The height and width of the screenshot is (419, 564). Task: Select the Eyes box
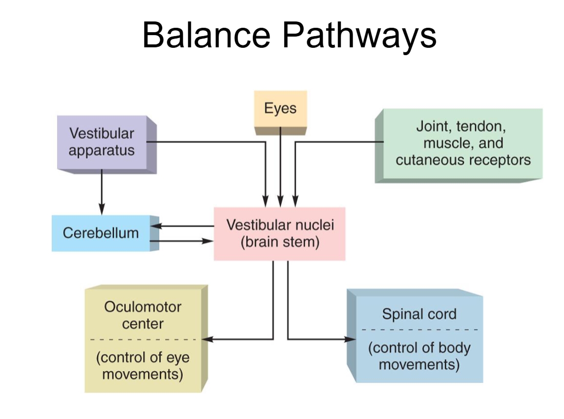pyautogui.click(x=280, y=108)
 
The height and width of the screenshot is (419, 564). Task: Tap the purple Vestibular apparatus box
pyautogui.click(x=102, y=142)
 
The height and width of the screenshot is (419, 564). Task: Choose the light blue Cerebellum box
pyautogui.click(x=101, y=233)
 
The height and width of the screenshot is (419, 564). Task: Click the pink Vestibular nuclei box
pyautogui.click(x=279, y=233)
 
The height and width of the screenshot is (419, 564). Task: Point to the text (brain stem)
pyautogui.click(x=280, y=242)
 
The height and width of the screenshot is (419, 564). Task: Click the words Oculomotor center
pyautogui.click(x=143, y=315)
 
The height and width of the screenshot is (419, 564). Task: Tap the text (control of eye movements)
pyautogui.click(x=143, y=366)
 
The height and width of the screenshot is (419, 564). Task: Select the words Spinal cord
pyautogui.click(x=419, y=314)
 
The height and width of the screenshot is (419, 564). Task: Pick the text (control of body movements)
pyautogui.click(x=419, y=356)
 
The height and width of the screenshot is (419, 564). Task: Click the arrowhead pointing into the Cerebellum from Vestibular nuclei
pyautogui.click(x=155, y=226)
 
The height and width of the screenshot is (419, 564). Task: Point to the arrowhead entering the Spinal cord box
pyautogui.click(x=351, y=339)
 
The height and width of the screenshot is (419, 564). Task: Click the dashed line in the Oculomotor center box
pyautogui.click(x=143, y=339)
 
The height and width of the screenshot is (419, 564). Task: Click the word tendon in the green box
pyautogui.click(x=482, y=127)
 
